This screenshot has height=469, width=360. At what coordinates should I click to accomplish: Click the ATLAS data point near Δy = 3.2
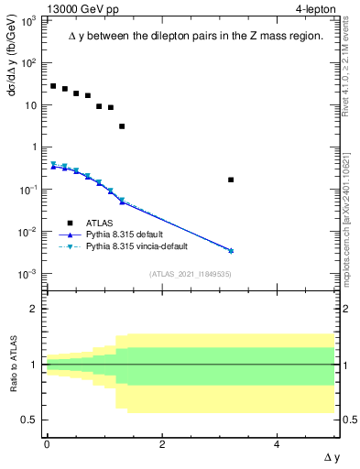(x=231, y=180)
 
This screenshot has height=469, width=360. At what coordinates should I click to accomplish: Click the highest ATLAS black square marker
(x=53, y=86)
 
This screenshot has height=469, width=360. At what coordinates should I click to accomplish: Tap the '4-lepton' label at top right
(x=316, y=9)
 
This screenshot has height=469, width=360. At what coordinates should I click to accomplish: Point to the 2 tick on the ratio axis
(x=34, y=309)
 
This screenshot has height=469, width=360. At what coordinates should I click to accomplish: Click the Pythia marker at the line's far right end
(x=231, y=250)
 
